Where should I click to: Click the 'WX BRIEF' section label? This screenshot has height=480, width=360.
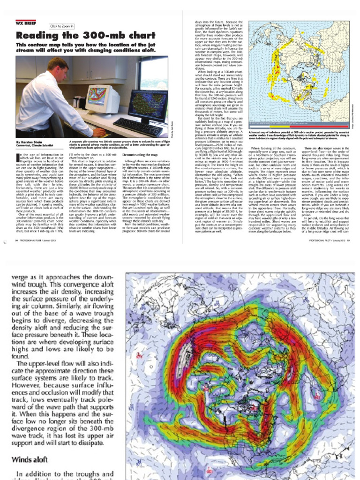point(26,22)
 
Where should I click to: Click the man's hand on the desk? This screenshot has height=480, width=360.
point(96,133)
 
